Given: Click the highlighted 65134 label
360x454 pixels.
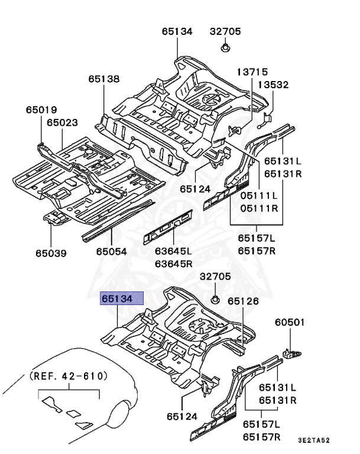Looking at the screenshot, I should (122, 299).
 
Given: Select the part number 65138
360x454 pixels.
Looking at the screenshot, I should (104, 78).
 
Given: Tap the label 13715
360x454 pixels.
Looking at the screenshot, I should (252, 72).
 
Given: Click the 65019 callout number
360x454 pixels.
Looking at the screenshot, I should (41, 109).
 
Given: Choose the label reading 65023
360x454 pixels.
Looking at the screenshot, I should (62, 122).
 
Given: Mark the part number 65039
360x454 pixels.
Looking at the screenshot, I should (51, 253).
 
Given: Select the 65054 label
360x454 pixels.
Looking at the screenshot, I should (111, 252).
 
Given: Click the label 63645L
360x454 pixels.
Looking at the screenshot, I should (174, 252).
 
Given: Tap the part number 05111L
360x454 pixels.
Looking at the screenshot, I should (258, 196).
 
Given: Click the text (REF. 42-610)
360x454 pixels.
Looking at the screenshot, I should (69, 375).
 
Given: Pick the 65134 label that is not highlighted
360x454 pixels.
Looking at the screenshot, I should (177, 31).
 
